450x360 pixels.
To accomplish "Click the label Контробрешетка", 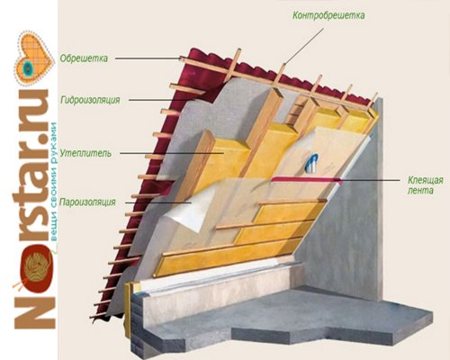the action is [x=328, y=15].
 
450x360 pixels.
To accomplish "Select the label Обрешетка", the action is [x=84, y=58].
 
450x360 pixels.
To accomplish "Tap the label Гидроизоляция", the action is [x=90, y=100].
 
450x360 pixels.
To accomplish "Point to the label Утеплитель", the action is [x=85, y=153].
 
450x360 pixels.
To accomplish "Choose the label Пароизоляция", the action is [x=87, y=202].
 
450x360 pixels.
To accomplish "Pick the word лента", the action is [x=420, y=191].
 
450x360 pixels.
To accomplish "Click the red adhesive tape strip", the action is [x=307, y=179].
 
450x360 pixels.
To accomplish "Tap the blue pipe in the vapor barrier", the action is [x=312, y=163].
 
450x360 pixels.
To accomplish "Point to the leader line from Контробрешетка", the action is [x=304, y=47].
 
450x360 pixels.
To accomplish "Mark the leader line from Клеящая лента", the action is [x=371, y=180].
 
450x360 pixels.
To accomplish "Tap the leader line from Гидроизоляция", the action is [x=166, y=100].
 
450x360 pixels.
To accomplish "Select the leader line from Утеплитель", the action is [x=172, y=153].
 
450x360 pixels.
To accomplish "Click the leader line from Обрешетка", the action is [x=148, y=58].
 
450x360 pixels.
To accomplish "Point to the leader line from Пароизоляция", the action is [x=158, y=202].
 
